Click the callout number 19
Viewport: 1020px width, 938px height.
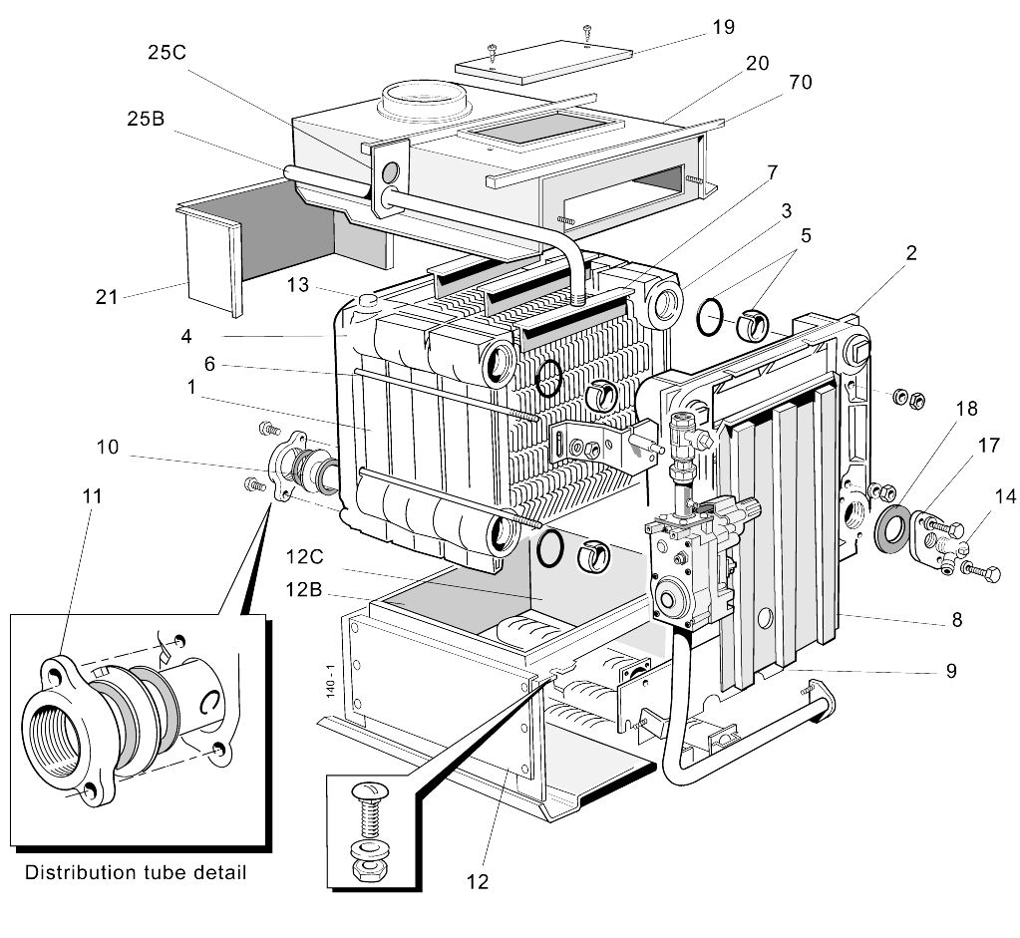pos(723,27)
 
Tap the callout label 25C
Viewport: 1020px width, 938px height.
pos(167,53)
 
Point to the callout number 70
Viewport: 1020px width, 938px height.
pos(800,82)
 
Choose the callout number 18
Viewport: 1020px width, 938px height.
pos(965,409)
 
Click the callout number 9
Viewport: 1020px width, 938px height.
pos(950,671)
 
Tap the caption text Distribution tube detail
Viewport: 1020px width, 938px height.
pos(135,873)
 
